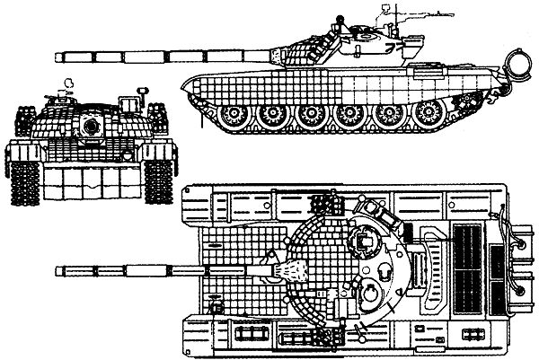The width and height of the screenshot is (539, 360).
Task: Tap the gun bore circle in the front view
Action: (x=89, y=127)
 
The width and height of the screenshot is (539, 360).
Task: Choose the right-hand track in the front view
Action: (x=159, y=158)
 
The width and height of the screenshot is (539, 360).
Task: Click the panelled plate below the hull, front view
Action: (x=90, y=183)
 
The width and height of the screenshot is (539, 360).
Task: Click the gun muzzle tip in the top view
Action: (x=58, y=268)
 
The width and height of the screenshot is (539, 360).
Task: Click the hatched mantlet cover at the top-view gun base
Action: (x=286, y=268)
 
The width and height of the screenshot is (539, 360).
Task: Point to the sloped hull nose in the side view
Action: (x=190, y=86)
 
